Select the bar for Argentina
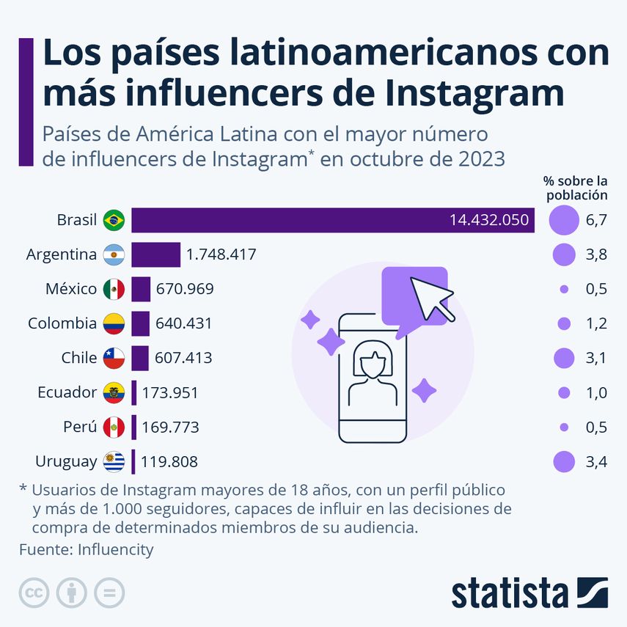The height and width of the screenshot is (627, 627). click(155, 254)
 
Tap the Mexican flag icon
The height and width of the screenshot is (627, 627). click(114, 289)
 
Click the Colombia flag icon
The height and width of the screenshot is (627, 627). click(114, 323)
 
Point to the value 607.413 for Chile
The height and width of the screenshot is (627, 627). click(183, 358)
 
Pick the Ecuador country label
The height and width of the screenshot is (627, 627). click(67, 392)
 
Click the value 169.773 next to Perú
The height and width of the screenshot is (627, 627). click(170, 427)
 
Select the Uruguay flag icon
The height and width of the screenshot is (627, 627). click(114, 461)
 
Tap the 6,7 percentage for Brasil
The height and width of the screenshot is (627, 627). click(596, 220)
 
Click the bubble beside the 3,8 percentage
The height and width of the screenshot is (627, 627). click(564, 254)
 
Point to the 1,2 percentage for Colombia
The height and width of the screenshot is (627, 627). click(596, 323)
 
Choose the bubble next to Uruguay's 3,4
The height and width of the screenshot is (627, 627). click(564, 461)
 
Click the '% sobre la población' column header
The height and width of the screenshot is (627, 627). click(575, 188)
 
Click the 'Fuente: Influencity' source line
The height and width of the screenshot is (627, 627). click(87, 549)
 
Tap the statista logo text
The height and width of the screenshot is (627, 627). click(509, 593)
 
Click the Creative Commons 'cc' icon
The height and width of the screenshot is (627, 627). click(34, 593)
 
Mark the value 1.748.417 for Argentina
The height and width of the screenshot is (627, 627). click(221, 254)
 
